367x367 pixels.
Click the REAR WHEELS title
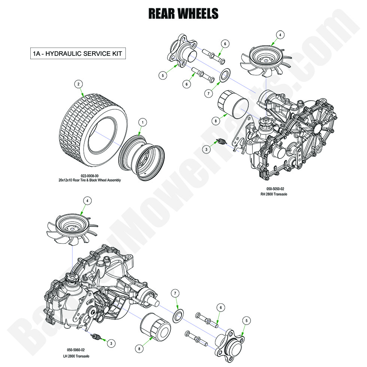point(183,13)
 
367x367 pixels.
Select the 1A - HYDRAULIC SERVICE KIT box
point(78,54)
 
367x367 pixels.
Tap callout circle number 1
point(142,122)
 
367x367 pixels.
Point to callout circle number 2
point(78,84)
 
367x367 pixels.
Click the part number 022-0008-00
point(90,176)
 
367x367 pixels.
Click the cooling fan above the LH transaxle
point(72,231)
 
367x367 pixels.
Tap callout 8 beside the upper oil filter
point(215,121)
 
